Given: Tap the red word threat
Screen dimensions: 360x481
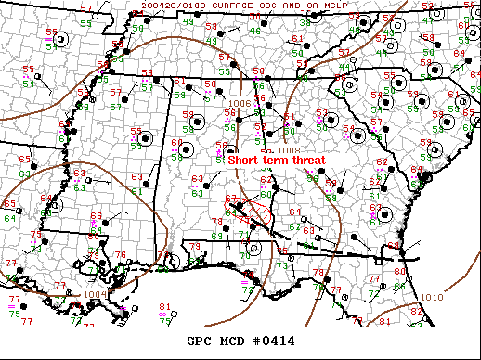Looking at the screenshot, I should [308, 160].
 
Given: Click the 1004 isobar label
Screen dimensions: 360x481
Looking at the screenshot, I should [95, 295].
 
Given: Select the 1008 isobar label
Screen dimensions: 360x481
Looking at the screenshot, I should [288, 149].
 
